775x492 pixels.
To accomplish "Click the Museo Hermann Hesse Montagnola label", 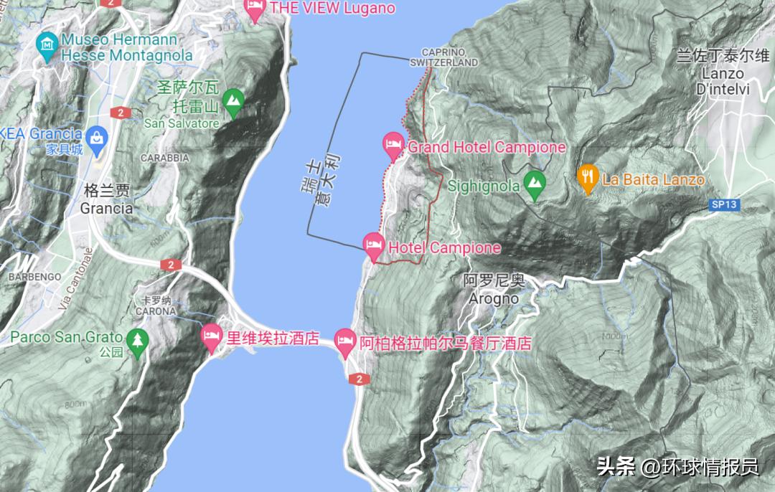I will pos(127,47).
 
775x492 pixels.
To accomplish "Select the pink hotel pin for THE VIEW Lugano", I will pos(255,9).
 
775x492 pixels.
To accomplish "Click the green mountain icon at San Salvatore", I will pos(232,103).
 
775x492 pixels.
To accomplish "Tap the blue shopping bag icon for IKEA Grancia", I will pos(96,136).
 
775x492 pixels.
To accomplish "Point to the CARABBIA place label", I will pos(164,158).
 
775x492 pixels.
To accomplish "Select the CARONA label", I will pos(155,311).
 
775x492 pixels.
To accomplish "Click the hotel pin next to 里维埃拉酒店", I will pos(212,336).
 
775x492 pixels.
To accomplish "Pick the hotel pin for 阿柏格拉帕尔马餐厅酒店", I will pos(345,341).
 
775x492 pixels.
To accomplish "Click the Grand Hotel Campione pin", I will pos(393,144).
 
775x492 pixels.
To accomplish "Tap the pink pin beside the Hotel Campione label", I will pos(373,245).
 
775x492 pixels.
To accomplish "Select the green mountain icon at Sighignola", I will pos(533,184).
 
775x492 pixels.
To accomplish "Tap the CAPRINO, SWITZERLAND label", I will pos(444,57).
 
